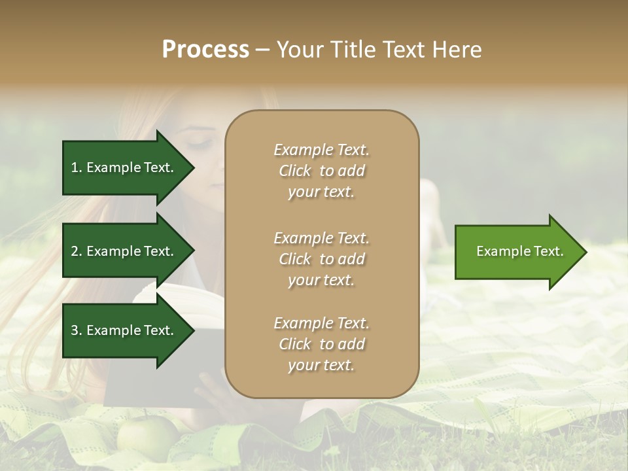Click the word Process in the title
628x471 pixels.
pyautogui.click(x=205, y=50)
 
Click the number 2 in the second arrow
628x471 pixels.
pyautogui.click(x=75, y=251)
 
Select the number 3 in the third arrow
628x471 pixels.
pyautogui.click(x=75, y=330)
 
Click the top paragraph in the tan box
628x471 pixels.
pyautogui.click(x=321, y=171)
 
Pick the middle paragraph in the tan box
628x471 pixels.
pyautogui.click(x=321, y=259)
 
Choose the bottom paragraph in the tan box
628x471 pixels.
pyautogui.click(x=321, y=344)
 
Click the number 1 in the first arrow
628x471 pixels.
pyautogui.click(x=75, y=167)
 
